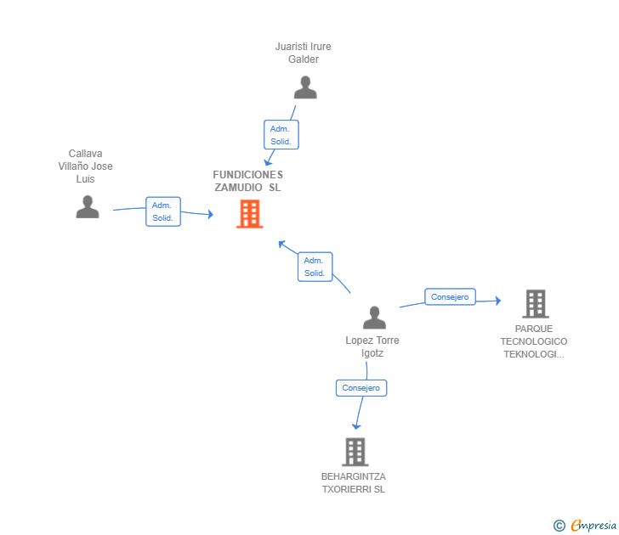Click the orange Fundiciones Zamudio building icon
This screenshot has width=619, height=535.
coord(249,214)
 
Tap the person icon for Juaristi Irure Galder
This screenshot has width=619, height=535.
coord(304,87)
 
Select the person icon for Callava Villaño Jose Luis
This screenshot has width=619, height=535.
coord(87,206)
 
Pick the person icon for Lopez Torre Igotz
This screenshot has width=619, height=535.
coord(374,318)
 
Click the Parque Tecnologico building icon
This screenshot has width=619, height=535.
coord(535,303)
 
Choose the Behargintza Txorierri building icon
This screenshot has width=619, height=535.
coord(355,452)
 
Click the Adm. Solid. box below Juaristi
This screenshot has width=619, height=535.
coord(281,135)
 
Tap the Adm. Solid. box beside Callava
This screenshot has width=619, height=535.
coord(162,211)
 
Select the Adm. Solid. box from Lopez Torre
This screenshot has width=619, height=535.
coord(315,267)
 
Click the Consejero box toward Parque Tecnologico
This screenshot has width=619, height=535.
coord(450,297)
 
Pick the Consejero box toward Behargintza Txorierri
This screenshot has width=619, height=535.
coord(361,388)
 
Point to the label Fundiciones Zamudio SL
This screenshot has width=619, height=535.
coord(248,181)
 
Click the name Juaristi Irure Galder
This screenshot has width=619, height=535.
coord(304,53)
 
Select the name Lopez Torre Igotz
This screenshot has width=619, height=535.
coord(372,346)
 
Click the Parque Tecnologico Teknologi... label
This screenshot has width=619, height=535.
coord(534,341)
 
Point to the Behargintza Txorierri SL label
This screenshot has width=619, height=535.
coord(354,483)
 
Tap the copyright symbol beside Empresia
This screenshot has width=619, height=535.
coord(559,527)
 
